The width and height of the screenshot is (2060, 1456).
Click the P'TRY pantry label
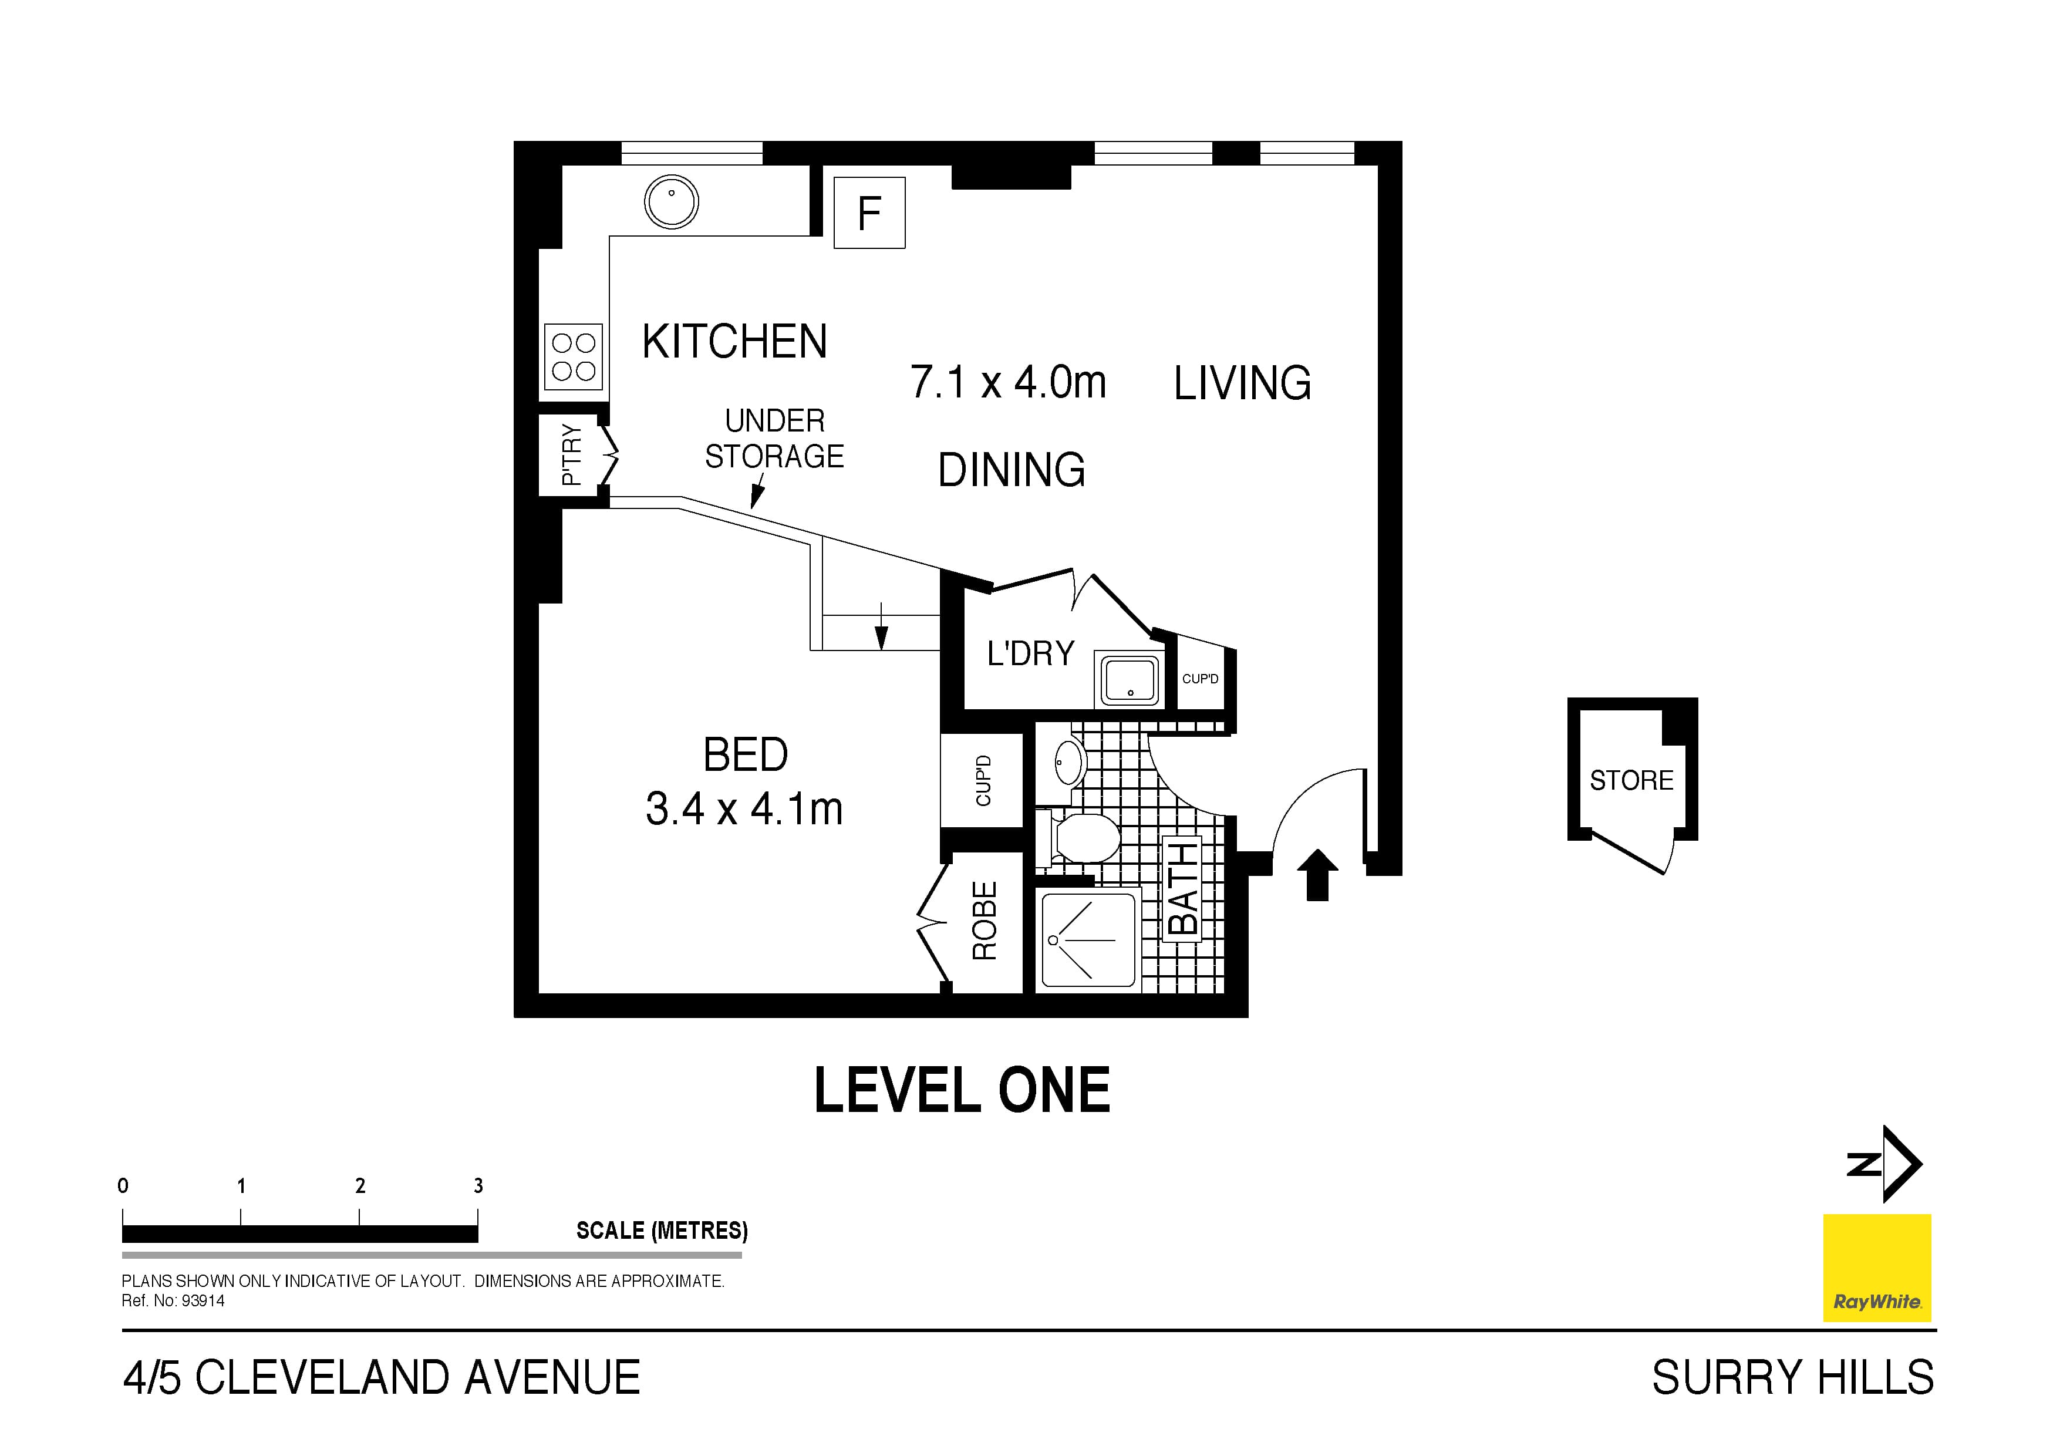click(x=571, y=455)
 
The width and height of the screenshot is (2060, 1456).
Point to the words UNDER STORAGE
click(x=774, y=439)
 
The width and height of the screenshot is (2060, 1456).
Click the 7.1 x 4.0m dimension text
click(x=1007, y=382)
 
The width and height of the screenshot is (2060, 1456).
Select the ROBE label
click(x=985, y=921)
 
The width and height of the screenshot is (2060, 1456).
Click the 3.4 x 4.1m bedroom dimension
click(x=744, y=809)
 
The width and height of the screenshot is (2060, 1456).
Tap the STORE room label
click(x=1631, y=780)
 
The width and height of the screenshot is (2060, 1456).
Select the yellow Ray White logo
click(x=1877, y=1268)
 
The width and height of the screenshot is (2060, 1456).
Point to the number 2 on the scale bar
click(x=360, y=1186)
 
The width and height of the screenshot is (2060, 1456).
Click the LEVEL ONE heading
click(x=962, y=1091)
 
